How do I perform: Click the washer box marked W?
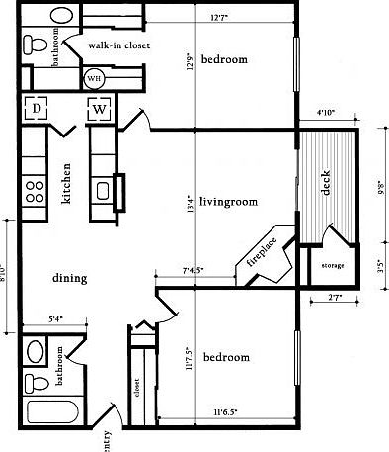101,110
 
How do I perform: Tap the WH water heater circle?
95,78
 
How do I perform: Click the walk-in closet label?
117,45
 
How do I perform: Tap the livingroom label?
228,202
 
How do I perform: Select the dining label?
70,279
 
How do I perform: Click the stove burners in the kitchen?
35,188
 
